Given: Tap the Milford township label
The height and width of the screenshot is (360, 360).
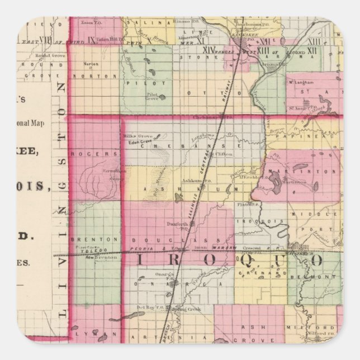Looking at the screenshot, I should coord(311,329).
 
